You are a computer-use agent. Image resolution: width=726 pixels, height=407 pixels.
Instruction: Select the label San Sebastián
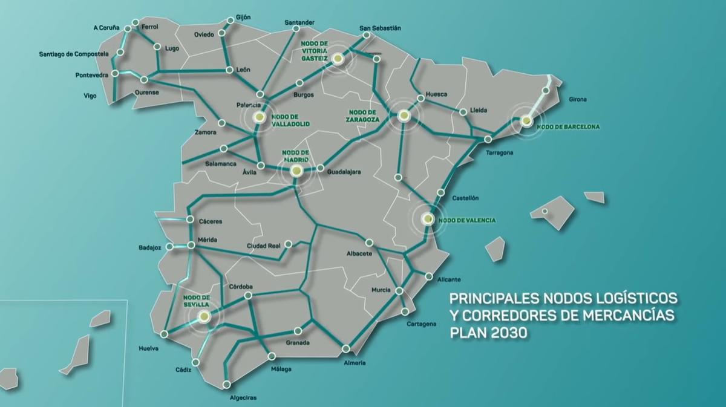(x=380, y=28)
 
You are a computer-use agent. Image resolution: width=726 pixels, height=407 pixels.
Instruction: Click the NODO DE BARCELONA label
(x=568, y=127)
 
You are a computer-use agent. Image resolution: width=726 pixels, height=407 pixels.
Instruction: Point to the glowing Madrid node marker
(x=296, y=171)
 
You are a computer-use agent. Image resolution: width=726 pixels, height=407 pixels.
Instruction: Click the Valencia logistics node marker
(x=427, y=218)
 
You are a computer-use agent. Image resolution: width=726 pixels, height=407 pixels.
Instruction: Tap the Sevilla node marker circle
(x=205, y=316)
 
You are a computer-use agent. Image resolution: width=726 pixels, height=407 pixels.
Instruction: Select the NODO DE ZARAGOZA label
(x=364, y=116)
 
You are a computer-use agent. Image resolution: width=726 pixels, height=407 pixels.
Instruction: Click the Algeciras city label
(x=243, y=397)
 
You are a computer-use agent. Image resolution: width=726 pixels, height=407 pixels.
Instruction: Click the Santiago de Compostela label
(x=74, y=54)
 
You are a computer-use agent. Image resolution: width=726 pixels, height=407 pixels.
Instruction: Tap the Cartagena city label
(x=422, y=324)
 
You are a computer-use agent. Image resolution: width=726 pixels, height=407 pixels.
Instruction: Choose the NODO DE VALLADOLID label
(x=290, y=120)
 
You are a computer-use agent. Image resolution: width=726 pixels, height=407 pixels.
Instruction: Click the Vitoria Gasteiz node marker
(x=338, y=59)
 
